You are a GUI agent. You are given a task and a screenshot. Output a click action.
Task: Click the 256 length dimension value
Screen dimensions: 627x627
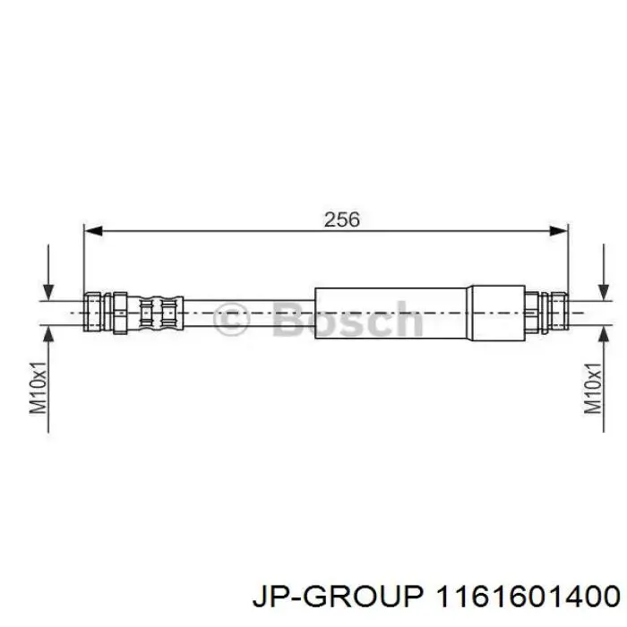(x=341, y=218)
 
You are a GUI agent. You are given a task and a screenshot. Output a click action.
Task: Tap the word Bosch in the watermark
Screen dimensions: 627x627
(x=345, y=319)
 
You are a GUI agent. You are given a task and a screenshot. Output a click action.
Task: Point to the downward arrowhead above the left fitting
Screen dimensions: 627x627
(x=49, y=290)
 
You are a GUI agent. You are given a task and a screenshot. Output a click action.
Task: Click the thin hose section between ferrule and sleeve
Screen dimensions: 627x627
(x=251, y=313)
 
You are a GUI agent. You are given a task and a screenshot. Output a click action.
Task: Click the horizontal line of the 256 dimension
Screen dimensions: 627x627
(x=224, y=232)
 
